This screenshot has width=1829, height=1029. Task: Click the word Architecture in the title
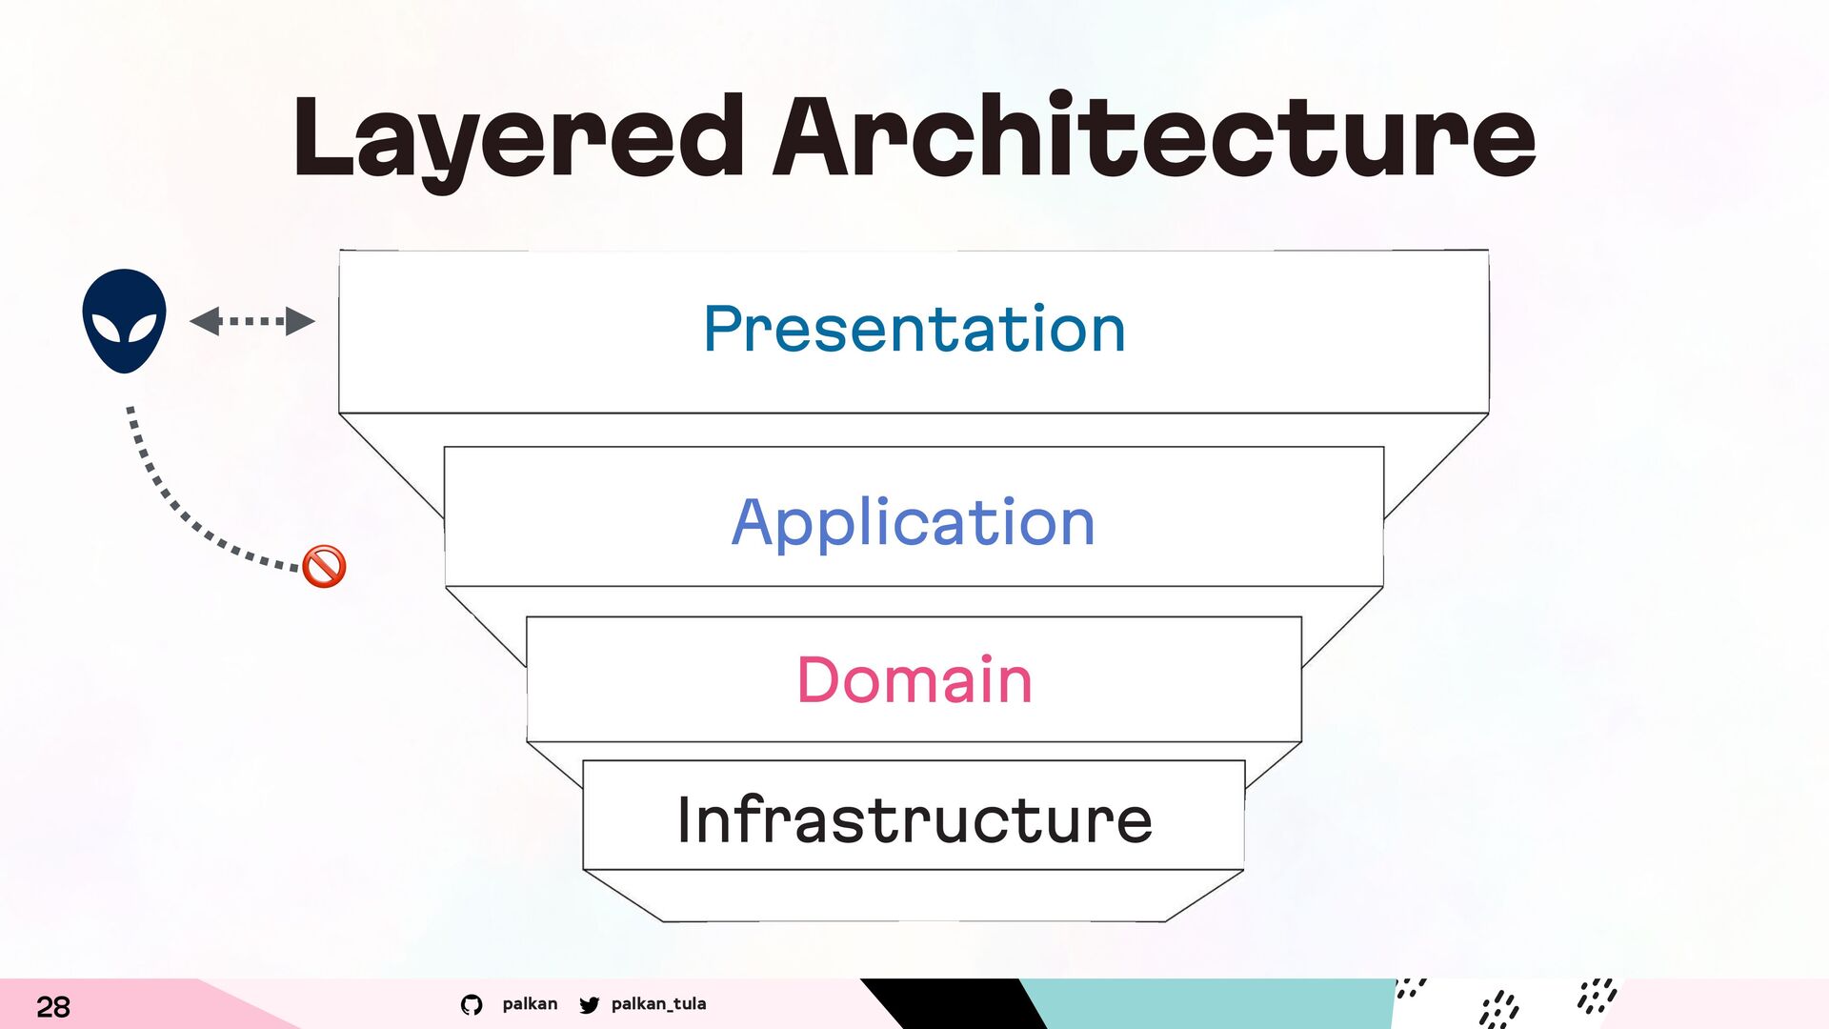[x=1155, y=135]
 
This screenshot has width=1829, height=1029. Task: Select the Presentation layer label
[x=914, y=329]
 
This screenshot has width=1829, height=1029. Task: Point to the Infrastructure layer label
[x=914, y=819]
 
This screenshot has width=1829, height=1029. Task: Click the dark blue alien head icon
[x=124, y=320]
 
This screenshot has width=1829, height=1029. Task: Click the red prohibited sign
[x=324, y=566]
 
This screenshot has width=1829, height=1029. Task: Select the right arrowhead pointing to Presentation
[x=300, y=321]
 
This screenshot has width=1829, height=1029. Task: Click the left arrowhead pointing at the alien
[x=205, y=321]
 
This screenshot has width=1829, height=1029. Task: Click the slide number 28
[x=53, y=1007]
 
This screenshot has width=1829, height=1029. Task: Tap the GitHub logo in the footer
[x=472, y=1004]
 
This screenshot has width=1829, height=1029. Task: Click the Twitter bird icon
[x=590, y=1004]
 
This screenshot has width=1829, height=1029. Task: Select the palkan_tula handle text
[x=658, y=1003]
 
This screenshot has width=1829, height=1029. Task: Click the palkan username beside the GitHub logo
[x=530, y=1003]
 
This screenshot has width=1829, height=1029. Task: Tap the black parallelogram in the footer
[x=953, y=1003]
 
